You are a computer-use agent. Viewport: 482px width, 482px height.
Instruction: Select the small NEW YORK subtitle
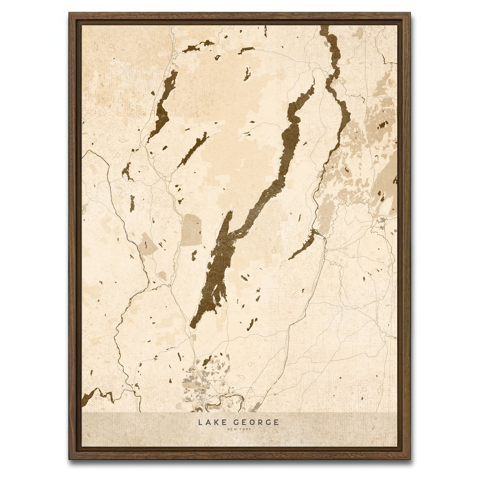[x=238, y=429]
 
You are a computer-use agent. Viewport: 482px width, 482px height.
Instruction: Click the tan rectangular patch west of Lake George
[x=192, y=229]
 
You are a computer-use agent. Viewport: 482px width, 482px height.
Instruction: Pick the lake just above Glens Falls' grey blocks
[x=207, y=361]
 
